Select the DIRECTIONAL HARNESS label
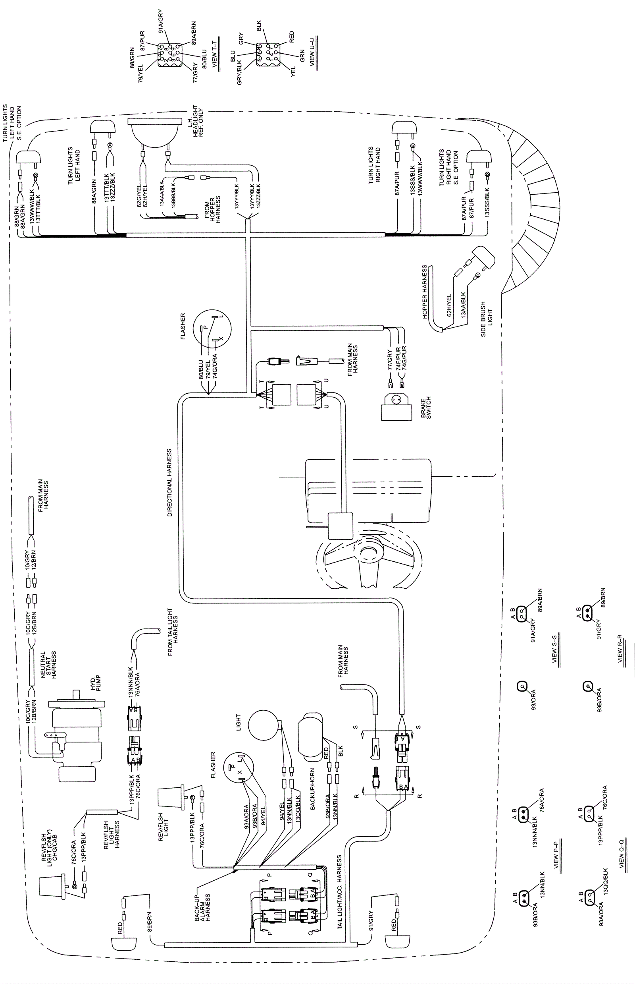pos(169,483)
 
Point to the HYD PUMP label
pos(95,683)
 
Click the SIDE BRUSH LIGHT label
pos(487,319)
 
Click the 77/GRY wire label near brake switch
pos(390,360)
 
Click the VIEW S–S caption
pos(554,652)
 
